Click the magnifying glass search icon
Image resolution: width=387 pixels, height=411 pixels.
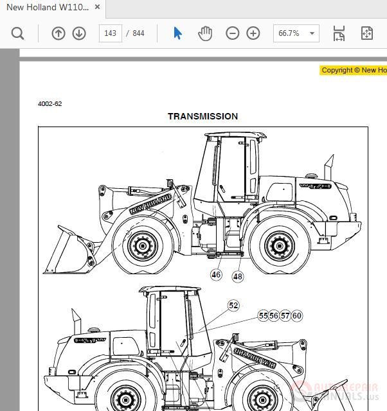pyautogui.click(x=17, y=33)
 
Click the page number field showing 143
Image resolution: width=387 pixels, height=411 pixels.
pyautogui.click(x=110, y=33)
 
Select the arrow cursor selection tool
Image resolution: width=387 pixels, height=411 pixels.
pyautogui.click(x=178, y=33)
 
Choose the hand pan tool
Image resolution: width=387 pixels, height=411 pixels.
pyautogui.click(x=204, y=33)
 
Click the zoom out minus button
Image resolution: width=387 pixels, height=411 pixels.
pyautogui.click(x=233, y=33)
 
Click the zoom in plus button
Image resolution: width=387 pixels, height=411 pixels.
pyautogui.click(x=253, y=33)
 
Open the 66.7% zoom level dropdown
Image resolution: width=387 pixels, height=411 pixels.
pyautogui.click(x=296, y=33)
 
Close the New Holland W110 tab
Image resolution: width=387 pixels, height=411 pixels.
pyautogui.click(x=98, y=7)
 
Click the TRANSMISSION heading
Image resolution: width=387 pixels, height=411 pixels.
pyautogui.click(x=203, y=116)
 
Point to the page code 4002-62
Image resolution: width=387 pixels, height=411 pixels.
pyautogui.click(x=50, y=104)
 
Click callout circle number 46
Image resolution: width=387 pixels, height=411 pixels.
pyautogui.click(x=216, y=275)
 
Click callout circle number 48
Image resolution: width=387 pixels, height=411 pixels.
pyautogui.click(x=238, y=276)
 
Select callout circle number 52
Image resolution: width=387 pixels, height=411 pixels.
pyautogui.click(x=233, y=306)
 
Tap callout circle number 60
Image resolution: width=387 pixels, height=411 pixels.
pyautogui.click(x=296, y=315)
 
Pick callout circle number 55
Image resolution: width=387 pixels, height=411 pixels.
pyautogui.click(x=263, y=315)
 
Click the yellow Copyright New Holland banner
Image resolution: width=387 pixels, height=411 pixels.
pyautogui.click(x=353, y=71)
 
